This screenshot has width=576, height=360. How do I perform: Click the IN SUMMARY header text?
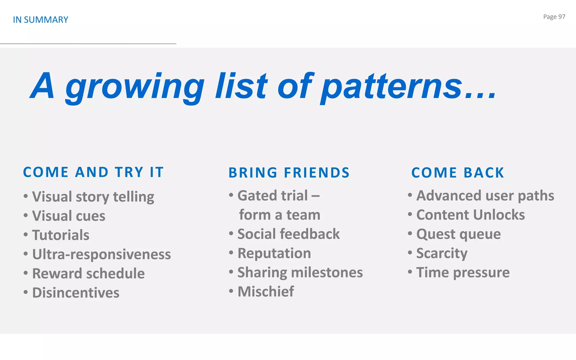40,20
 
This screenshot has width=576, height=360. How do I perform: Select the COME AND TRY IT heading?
93,172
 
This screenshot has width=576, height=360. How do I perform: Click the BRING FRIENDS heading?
289,173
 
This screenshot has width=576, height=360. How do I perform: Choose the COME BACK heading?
458,173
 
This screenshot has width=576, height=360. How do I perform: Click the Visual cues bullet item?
69,216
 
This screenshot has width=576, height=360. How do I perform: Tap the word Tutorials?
61,235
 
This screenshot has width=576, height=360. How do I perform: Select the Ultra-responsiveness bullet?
101,254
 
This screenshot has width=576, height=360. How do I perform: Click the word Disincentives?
76,292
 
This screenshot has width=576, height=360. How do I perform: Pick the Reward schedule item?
88,273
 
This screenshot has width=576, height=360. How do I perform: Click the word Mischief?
265,291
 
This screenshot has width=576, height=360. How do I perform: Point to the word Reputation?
274,253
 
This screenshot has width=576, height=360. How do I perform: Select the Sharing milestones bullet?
300,272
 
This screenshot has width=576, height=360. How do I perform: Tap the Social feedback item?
289,234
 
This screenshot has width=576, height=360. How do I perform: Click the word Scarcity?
442,253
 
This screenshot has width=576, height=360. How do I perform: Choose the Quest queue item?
458,234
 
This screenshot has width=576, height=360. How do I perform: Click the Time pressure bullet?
463,272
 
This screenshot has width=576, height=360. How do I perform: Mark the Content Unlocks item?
470,215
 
